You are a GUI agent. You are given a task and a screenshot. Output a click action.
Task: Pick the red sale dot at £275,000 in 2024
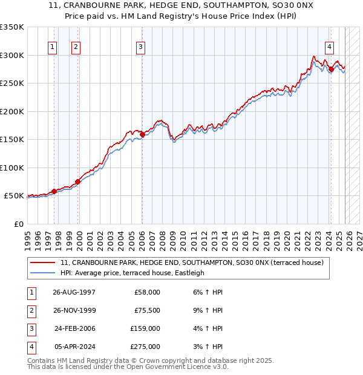pos(331,70)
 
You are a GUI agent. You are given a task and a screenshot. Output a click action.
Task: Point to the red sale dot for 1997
pos(54,191)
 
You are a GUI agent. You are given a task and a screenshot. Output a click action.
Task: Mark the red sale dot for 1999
pos(78,181)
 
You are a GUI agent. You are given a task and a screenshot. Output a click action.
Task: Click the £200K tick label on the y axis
pos(12,111)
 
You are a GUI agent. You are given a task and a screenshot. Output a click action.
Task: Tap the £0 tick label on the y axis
pos(18,224)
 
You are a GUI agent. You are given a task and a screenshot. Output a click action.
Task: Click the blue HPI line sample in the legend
pos(42,273)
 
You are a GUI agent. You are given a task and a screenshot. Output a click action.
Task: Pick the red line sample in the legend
pos(42,262)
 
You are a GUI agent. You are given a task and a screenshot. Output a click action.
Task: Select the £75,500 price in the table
pos(146,310)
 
